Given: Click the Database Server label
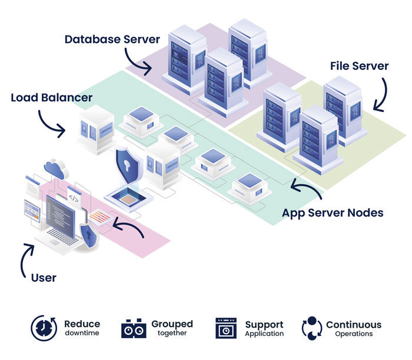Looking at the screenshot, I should (x=112, y=40).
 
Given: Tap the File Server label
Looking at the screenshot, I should (x=359, y=66).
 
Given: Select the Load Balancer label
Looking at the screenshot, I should (x=52, y=97).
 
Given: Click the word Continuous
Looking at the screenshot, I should (x=353, y=325).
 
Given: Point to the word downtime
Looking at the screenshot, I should (x=82, y=334).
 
